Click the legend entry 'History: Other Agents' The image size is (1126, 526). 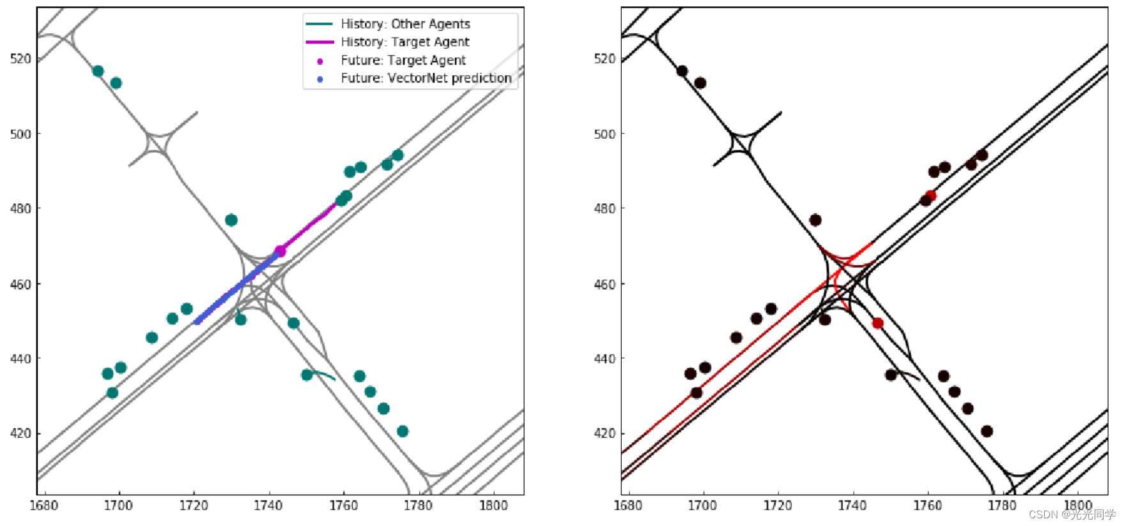pos(405,24)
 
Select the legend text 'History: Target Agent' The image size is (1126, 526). pos(405,42)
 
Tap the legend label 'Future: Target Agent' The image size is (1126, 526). pos(403,60)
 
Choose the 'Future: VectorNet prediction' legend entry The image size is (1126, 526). pos(426,78)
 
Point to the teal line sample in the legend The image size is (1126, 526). pos(320,24)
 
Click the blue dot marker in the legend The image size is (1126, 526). pos(320,79)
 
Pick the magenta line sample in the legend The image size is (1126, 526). pos(320,42)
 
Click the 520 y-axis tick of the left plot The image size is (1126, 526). pos(20,59)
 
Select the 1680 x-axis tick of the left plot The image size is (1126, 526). pos(43,506)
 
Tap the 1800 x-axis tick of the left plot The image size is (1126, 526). pos(493,506)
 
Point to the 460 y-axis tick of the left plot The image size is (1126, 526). pos(20,284)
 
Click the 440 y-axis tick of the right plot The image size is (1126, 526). pos(605,359)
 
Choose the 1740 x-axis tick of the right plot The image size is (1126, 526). pos(852,506)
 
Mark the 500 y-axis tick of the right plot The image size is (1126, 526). pos(605,134)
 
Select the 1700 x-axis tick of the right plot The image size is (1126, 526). pos(703,506)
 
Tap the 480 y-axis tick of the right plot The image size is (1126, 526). pos(605,208)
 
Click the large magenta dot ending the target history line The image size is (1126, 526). pos(280,251)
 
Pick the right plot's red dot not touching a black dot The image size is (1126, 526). pos(877,323)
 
